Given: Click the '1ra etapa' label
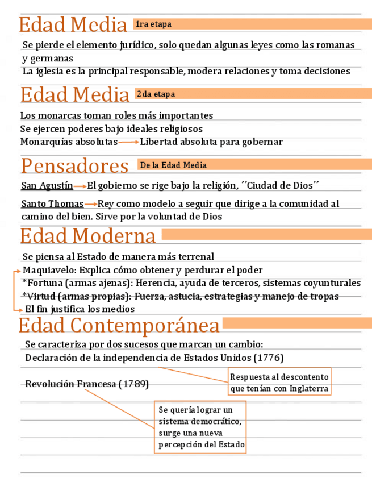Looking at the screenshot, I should pos(153,24).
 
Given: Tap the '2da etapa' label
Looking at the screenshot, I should pos(156,94).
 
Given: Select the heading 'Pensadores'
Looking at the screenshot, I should pos(74,166).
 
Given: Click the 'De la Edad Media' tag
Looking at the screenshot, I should pos(173,165).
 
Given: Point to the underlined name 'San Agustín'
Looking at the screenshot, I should pos(47,185).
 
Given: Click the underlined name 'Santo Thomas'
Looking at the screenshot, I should pos(52,204).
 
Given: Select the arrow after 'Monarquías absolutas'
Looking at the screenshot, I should pos(129,142).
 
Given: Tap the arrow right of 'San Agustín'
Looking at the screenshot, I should pos(80,186).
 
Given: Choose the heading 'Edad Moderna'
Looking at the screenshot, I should pos(88,236).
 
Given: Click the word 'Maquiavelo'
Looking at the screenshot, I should pos(48,270).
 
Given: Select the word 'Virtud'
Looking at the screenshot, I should pos(41,296).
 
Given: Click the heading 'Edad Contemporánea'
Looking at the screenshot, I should pos(119,326).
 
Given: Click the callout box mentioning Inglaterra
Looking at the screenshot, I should pos(279,383).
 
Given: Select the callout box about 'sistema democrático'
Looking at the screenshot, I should pos(201,427).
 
